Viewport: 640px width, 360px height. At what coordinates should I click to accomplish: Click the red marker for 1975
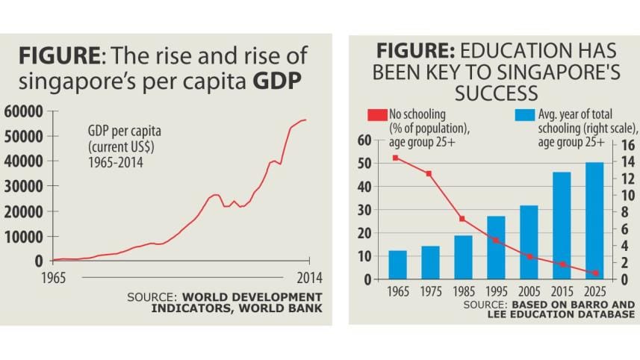coord(429,173)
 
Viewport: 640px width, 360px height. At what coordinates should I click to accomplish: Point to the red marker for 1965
coord(396,158)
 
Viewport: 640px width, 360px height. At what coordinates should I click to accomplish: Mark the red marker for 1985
coord(462,219)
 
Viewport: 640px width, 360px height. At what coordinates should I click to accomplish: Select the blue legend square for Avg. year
coord(525,115)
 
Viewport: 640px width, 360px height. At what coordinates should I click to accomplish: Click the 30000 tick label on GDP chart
coord(25,187)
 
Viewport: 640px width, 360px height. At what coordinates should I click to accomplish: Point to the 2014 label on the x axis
coord(309,278)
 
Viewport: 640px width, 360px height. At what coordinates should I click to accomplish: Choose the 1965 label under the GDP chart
coord(52,278)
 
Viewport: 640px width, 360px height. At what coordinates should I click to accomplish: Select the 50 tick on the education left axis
coord(364,163)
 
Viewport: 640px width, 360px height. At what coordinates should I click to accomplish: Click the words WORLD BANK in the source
coord(290,308)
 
